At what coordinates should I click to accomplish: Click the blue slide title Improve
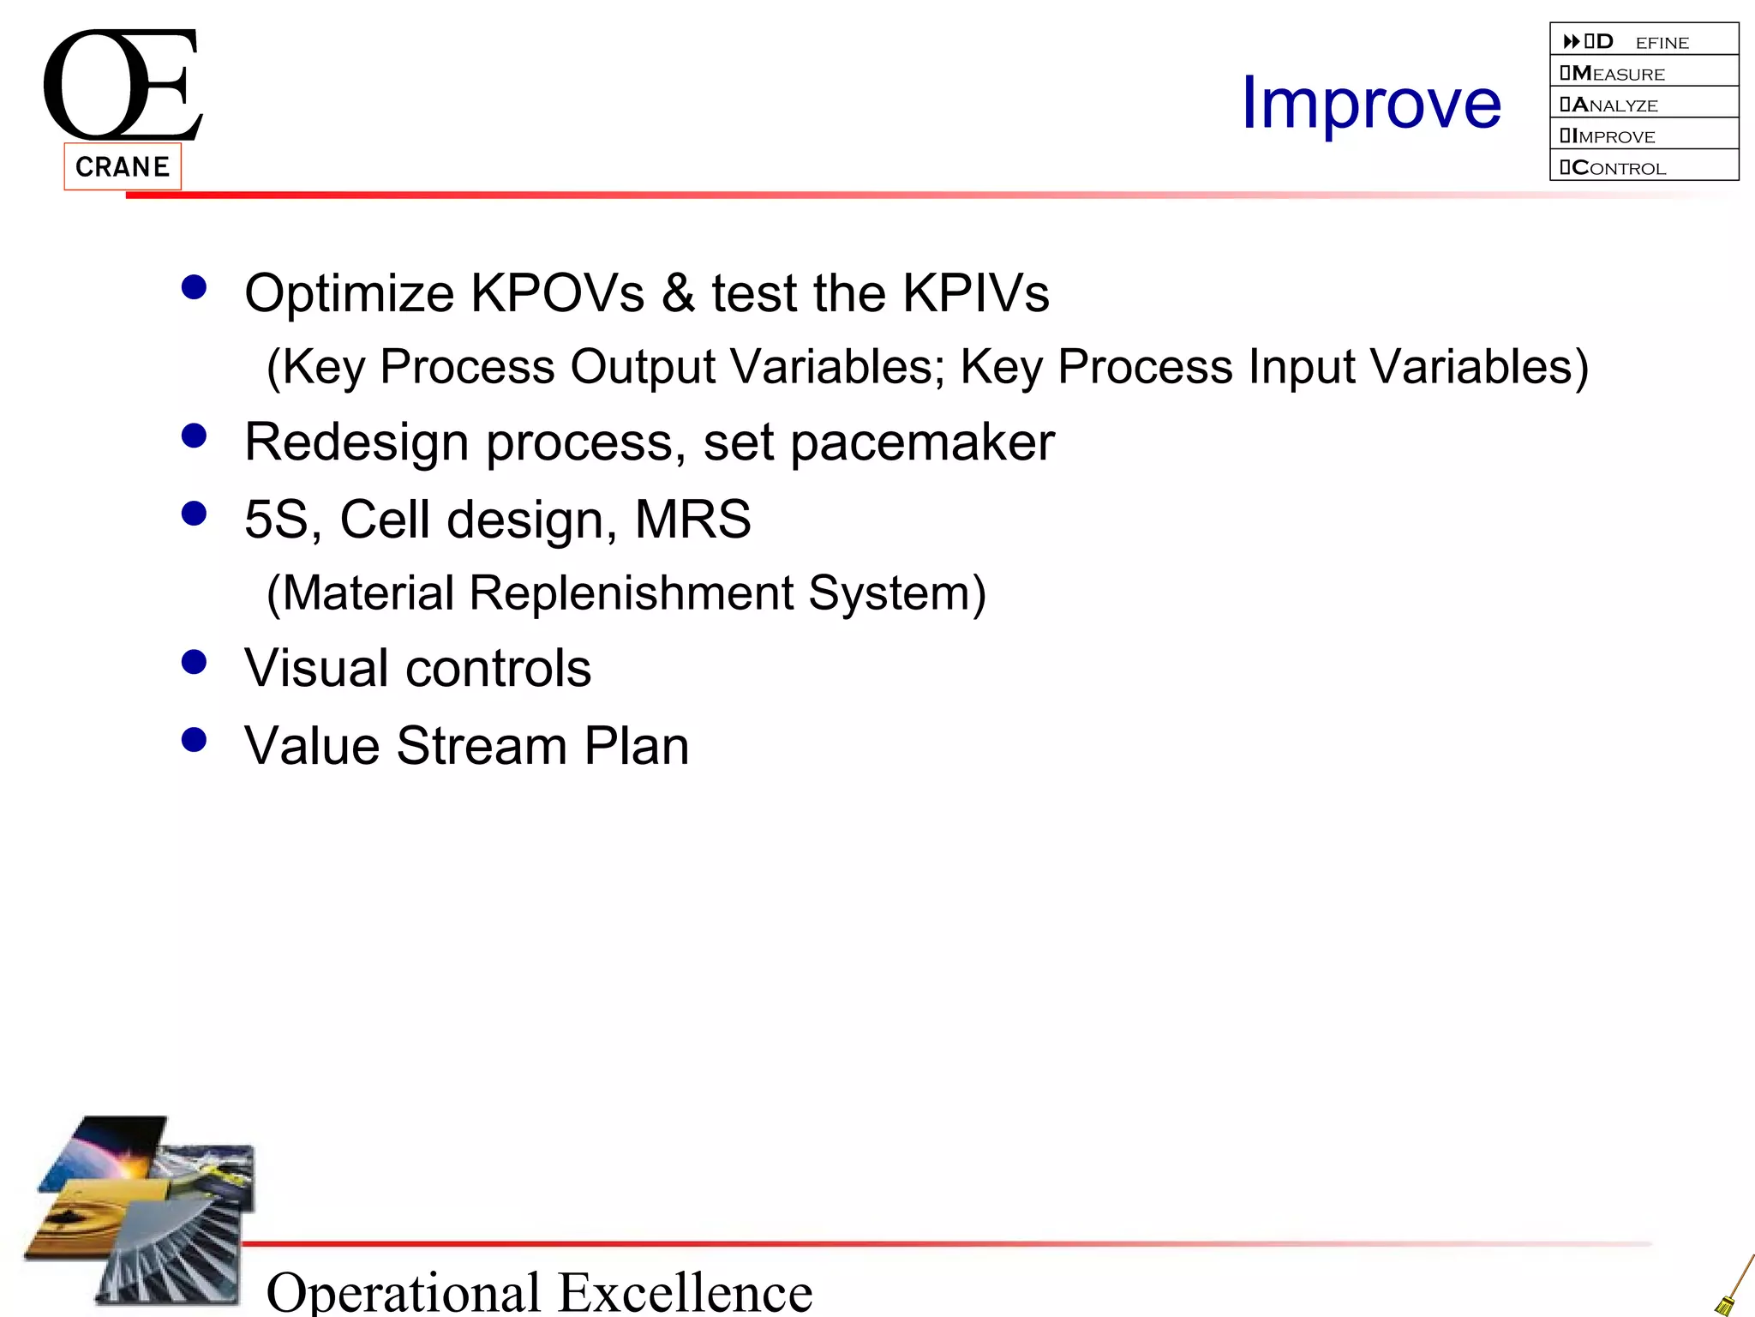click(x=1371, y=104)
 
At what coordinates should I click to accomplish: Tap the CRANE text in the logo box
click(x=123, y=166)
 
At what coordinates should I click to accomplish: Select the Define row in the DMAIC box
click(x=1644, y=41)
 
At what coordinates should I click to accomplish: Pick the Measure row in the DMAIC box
click(x=1644, y=73)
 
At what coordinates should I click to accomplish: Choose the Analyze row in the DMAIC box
click(x=1644, y=105)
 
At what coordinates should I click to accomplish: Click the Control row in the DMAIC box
click(x=1644, y=167)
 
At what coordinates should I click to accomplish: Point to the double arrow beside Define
click(x=1571, y=41)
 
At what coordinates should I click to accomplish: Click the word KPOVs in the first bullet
click(x=558, y=293)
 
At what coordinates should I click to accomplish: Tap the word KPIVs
click(x=976, y=293)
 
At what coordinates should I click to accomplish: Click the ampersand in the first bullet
click(x=678, y=293)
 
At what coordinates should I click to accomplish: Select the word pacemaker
click(x=922, y=443)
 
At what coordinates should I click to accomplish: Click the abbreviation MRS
click(x=692, y=520)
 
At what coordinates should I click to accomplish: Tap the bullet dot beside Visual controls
click(x=195, y=662)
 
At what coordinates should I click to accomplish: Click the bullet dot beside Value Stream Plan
click(x=195, y=739)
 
